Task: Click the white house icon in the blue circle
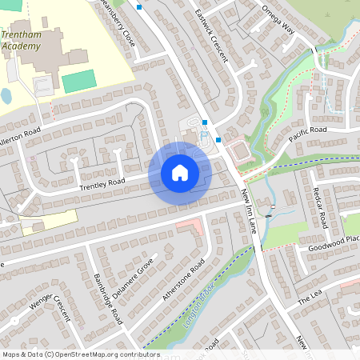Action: coord(180,172)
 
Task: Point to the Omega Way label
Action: coord(278,20)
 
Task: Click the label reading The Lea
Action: coord(309,298)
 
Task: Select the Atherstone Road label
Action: coord(184,279)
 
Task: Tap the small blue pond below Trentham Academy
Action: coord(6,96)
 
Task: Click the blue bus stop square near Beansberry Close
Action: coord(139,7)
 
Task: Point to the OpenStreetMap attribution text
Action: coord(80,354)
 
